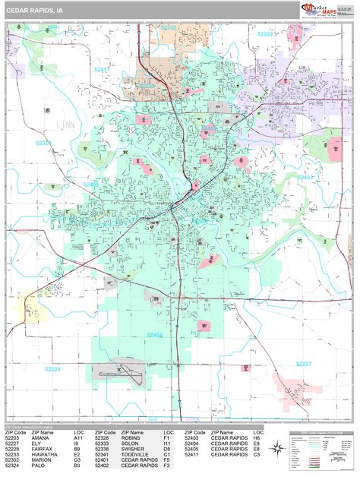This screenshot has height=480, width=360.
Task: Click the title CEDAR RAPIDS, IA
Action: pos(35,10)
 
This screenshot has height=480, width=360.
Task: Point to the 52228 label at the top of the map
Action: pos(169,27)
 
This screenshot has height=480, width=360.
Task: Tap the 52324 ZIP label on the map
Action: pos(43,142)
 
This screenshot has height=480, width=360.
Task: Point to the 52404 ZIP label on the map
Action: pos(155,334)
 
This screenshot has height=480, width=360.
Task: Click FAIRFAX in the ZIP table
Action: pos(43,449)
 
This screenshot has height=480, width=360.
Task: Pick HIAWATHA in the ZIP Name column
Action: pos(44,454)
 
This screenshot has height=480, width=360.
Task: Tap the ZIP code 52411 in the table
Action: pos(193,454)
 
